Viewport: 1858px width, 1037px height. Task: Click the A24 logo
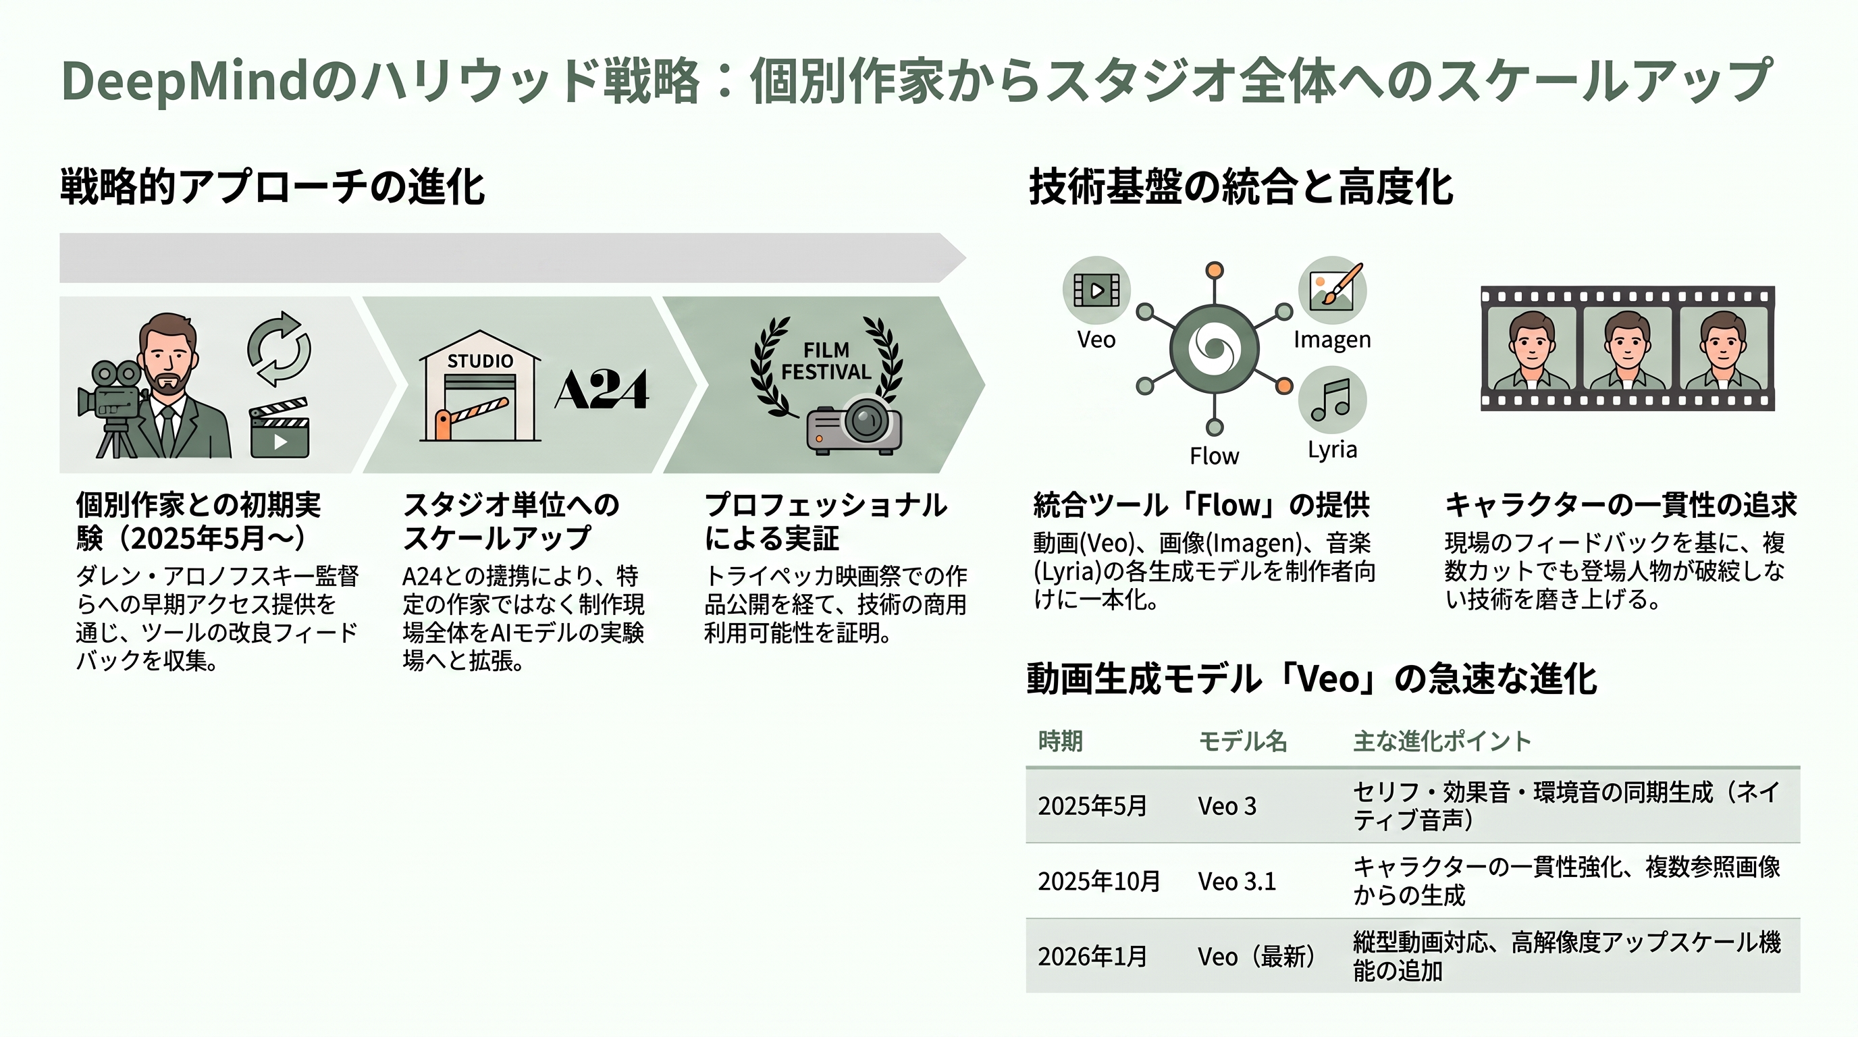pyautogui.click(x=602, y=390)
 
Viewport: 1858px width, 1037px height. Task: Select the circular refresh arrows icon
pyautogui.click(x=279, y=349)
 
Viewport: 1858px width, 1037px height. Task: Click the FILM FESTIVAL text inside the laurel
pyautogui.click(x=826, y=361)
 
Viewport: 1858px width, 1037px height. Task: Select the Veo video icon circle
pyautogui.click(x=1096, y=290)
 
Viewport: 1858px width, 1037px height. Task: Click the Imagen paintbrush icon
pyautogui.click(x=1332, y=290)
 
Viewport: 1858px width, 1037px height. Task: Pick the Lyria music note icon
pyautogui.click(x=1332, y=400)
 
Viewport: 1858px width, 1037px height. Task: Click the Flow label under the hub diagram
pyautogui.click(x=1214, y=456)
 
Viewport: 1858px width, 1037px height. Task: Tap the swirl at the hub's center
pyautogui.click(x=1215, y=349)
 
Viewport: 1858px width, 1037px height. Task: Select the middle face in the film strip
pyautogui.click(x=1627, y=349)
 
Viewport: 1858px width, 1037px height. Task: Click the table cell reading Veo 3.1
pyautogui.click(x=1237, y=881)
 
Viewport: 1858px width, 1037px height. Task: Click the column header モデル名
pyautogui.click(x=1242, y=741)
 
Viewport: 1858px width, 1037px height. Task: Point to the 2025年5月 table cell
pyautogui.click(x=1092, y=805)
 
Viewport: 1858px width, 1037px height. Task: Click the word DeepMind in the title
pyautogui.click(x=188, y=82)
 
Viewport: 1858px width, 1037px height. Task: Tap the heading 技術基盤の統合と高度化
pyautogui.click(x=1241, y=187)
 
